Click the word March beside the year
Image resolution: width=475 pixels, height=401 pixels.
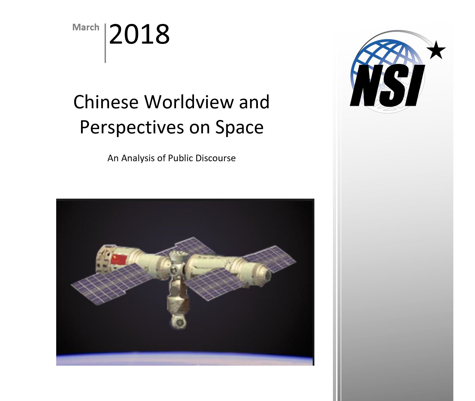[x=86, y=27]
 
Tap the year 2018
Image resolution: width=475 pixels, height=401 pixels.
[x=139, y=34]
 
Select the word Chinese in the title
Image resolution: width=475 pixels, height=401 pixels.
[x=106, y=102]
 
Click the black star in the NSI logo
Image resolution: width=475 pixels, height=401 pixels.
[x=436, y=50]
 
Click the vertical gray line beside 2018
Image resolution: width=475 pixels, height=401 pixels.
[x=105, y=43]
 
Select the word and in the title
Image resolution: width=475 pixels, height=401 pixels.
[x=254, y=102]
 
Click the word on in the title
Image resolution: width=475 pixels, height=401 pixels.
[x=199, y=128]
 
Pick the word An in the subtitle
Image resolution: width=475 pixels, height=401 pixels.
[x=113, y=158]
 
